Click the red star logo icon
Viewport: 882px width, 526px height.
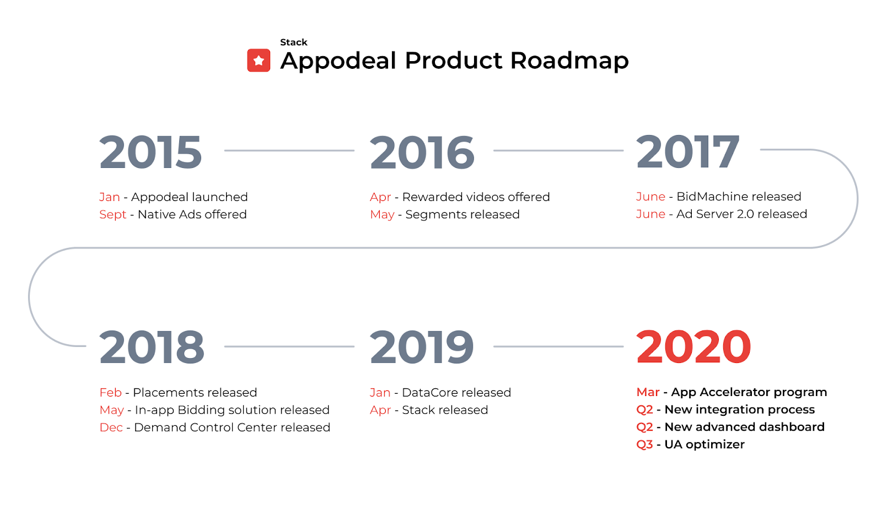pyautogui.click(x=259, y=60)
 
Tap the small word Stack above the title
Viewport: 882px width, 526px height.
pyautogui.click(x=293, y=42)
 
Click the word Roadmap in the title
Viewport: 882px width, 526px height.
pyautogui.click(x=569, y=61)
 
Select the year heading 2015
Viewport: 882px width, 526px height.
pyautogui.click(x=150, y=151)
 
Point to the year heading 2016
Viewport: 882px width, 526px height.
pyautogui.click(x=422, y=152)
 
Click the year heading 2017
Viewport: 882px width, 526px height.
pyautogui.click(x=688, y=151)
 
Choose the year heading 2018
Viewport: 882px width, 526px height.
pyautogui.click(x=152, y=346)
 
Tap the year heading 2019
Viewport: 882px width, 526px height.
pyautogui.click(x=422, y=346)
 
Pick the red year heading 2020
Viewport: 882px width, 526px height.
pyautogui.click(x=694, y=346)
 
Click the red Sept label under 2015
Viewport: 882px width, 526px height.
pyautogui.click(x=112, y=214)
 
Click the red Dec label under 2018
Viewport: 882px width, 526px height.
pyautogui.click(x=111, y=427)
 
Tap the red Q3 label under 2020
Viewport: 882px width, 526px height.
pyautogui.click(x=644, y=444)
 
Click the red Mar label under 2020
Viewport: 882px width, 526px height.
pyautogui.click(x=648, y=392)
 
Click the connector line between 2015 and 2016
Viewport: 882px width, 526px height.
pyautogui.click(x=289, y=150)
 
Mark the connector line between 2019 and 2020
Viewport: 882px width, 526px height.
pyautogui.click(x=558, y=346)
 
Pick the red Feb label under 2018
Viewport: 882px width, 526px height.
pyautogui.click(x=111, y=392)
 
